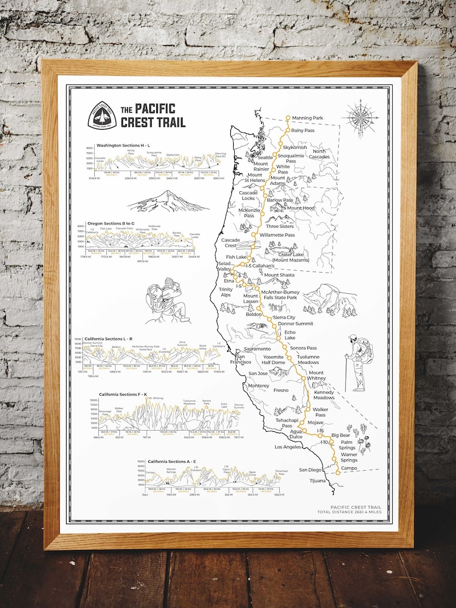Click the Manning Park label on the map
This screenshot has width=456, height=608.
pos(308,118)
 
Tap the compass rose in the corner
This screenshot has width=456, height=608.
pos(360,118)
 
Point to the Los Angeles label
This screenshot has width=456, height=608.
pos(288,447)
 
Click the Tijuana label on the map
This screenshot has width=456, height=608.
pos(317,481)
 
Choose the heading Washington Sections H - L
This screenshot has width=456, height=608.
pos(123,145)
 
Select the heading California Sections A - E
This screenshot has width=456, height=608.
pos(172,462)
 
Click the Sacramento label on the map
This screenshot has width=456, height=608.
pos(257,348)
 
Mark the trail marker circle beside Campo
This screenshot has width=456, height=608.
pos(338,472)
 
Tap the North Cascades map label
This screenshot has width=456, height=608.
pos(319,154)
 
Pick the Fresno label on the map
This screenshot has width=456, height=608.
pos(281,390)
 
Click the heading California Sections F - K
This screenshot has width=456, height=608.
pos(123,395)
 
